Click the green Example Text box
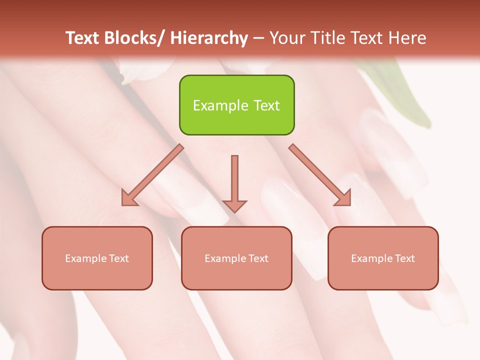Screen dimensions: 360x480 [x=236, y=105]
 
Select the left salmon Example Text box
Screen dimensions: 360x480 [x=97, y=258]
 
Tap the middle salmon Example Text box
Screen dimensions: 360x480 [x=236, y=258]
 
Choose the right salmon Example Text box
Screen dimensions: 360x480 [x=383, y=258]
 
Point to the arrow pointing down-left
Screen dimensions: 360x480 [x=152, y=175]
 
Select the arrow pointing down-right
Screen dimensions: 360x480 [x=320, y=175]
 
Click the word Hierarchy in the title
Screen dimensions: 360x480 [x=209, y=38]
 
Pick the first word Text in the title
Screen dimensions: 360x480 [x=83, y=38]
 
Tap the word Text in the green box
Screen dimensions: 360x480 [x=266, y=105]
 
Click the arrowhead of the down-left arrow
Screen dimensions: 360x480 [x=129, y=198]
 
